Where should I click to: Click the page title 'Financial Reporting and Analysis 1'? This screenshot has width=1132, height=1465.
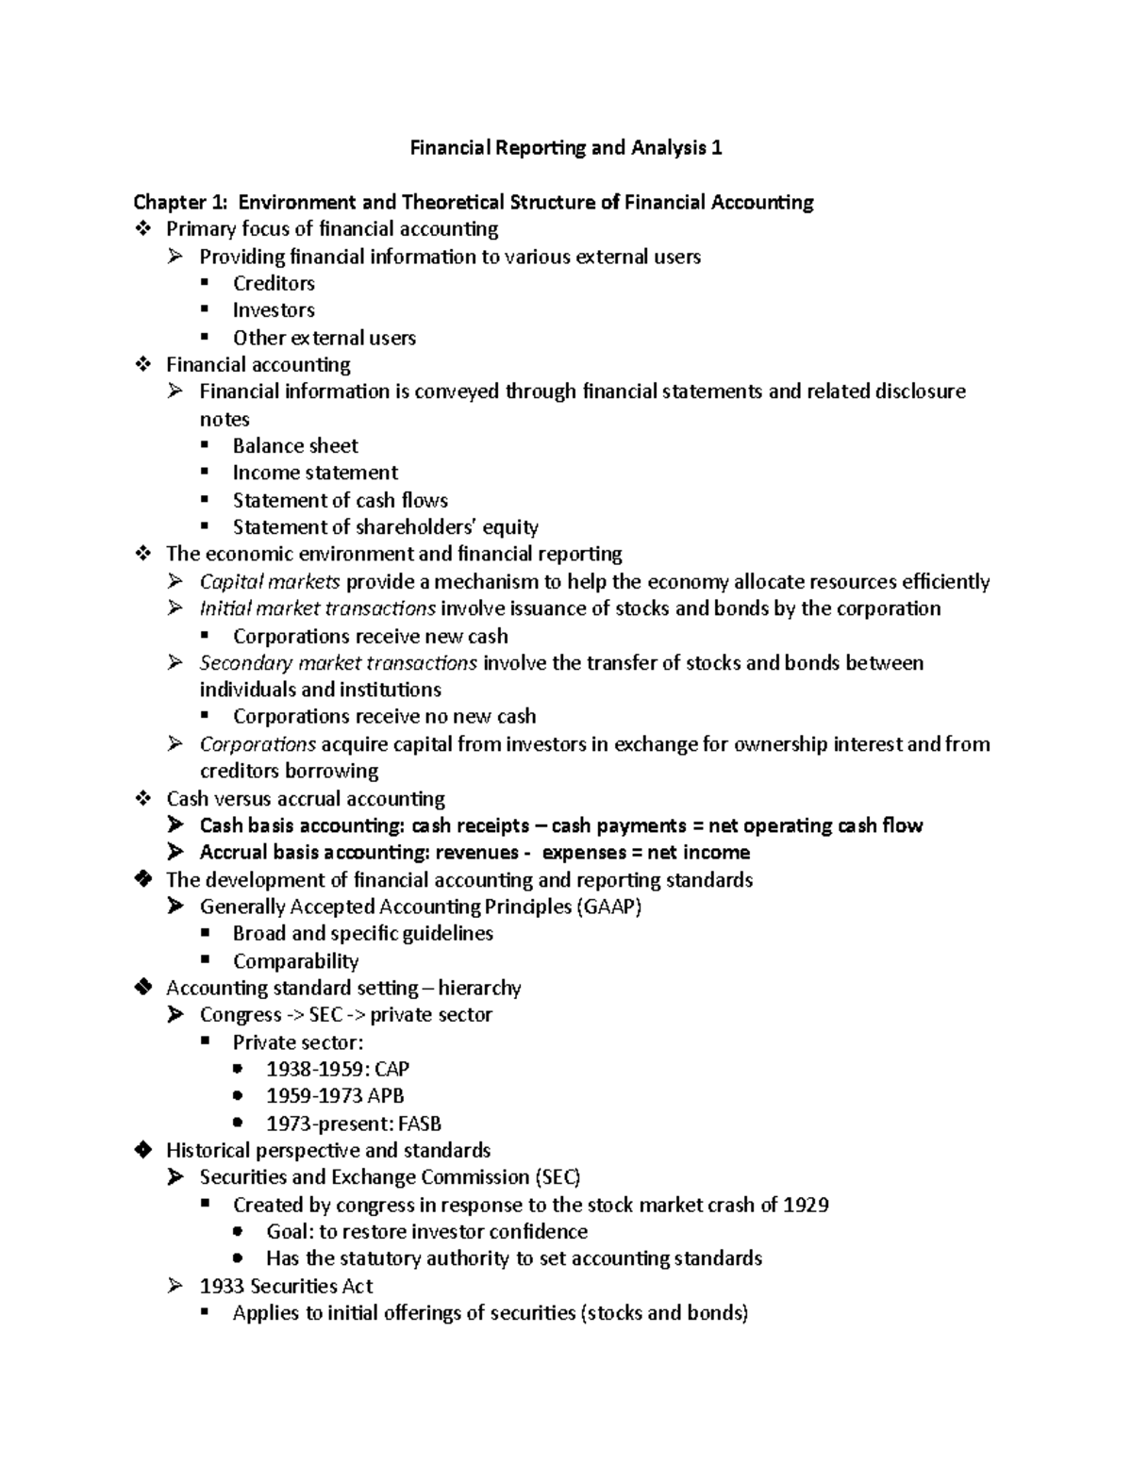point(565,148)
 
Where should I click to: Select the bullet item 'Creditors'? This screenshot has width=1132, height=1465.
point(274,283)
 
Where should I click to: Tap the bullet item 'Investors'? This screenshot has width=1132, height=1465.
point(274,310)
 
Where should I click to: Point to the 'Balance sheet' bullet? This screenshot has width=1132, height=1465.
point(295,445)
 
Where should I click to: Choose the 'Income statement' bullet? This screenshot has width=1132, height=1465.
point(315,473)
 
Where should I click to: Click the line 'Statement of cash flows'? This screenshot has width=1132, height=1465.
point(340,500)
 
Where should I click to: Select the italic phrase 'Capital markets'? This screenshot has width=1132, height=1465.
point(269,581)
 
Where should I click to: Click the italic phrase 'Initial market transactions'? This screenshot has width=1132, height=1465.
point(317,608)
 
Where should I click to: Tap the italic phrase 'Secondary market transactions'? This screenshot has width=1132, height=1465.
point(338,663)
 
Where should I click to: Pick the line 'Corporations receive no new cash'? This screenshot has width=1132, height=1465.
point(384,717)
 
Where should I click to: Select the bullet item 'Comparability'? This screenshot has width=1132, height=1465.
point(295,961)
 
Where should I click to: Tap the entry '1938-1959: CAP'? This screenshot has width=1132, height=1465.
point(337,1070)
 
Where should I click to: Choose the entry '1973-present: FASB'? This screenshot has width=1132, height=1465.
point(354,1124)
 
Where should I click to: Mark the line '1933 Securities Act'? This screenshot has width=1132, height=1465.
point(286,1286)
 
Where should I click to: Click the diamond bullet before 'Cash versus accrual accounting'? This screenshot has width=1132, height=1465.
point(143,798)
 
